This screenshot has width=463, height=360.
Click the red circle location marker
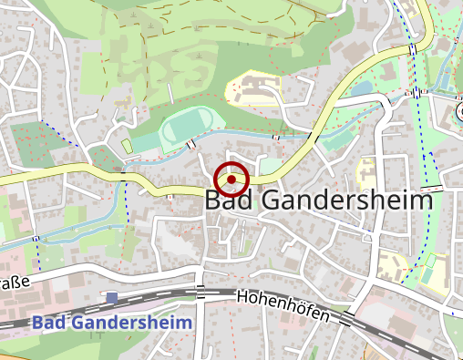click(x=231, y=180)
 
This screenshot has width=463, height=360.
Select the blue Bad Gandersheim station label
click(x=112, y=323)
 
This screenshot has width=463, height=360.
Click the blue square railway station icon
click(x=112, y=298)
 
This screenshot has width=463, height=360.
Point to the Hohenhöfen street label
click(x=282, y=306)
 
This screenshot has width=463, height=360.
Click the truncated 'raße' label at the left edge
click(x=15, y=283)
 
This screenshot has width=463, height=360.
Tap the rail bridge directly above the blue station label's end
click(x=201, y=292)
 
